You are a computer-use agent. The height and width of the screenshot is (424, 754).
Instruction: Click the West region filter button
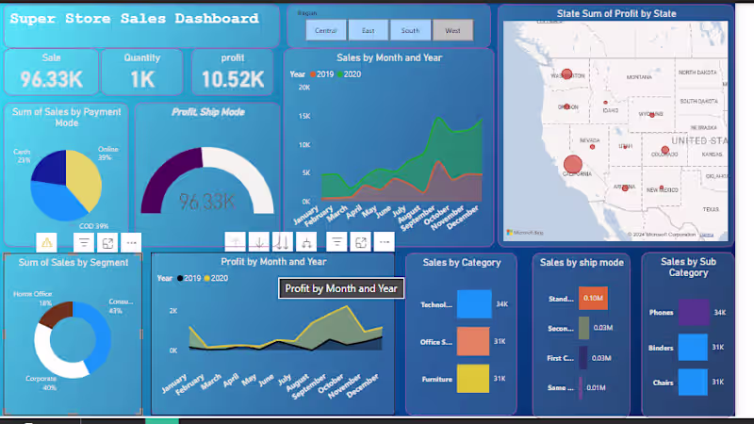click(x=453, y=30)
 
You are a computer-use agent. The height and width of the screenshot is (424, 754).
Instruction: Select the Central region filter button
click(x=326, y=30)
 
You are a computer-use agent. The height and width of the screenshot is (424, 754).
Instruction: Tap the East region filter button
click(x=368, y=30)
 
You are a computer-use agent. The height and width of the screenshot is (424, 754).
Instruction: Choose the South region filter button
click(x=410, y=30)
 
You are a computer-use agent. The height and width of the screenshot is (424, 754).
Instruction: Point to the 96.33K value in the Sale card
click(x=52, y=79)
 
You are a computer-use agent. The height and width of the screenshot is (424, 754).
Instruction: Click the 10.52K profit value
click(x=232, y=79)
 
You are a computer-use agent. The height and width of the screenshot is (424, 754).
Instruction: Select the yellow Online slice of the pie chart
click(x=83, y=177)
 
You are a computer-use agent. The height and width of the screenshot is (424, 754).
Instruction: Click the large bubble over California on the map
click(x=572, y=164)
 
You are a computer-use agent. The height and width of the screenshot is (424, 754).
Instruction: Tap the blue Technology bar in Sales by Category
click(x=474, y=304)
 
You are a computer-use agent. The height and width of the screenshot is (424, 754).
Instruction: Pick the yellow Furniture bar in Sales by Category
click(x=474, y=379)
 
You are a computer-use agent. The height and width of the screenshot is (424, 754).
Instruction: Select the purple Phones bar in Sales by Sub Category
click(x=693, y=312)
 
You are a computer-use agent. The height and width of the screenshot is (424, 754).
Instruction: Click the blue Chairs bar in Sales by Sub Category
click(x=693, y=383)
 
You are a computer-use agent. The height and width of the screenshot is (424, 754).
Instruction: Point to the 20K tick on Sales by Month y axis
click(x=304, y=87)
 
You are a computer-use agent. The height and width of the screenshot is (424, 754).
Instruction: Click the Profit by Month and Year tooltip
click(x=341, y=288)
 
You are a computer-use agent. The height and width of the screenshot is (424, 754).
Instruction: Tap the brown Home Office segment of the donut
click(x=55, y=314)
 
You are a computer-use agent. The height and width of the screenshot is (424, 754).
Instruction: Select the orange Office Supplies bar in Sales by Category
click(x=474, y=341)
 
